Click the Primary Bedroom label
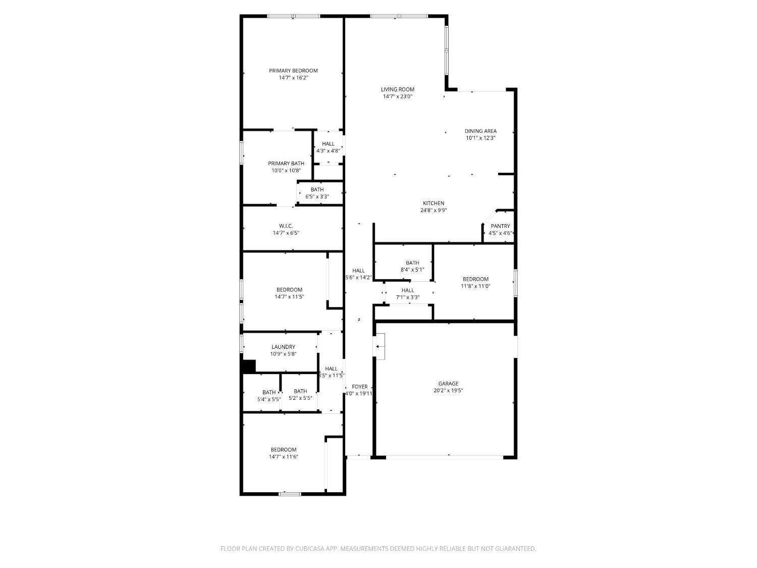click(x=293, y=71)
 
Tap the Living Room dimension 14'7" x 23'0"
click(x=398, y=96)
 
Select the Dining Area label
click(x=480, y=131)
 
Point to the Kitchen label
click(x=434, y=203)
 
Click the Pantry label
click(x=500, y=226)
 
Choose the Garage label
click(x=448, y=384)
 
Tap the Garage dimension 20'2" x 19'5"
click(x=448, y=390)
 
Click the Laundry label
click(x=283, y=347)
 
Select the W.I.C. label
click(x=286, y=226)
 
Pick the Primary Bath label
click(x=286, y=163)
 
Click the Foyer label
click(x=360, y=387)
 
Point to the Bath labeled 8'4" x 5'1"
click(x=412, y=263)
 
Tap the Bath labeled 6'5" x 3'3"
click(x=317, y=189)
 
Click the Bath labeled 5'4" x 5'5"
click(x=269, y=392)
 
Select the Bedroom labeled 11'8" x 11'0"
click(x=475, y=279)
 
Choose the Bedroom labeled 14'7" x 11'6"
click(x=283, y=450)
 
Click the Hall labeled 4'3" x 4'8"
click(x=328, y=144)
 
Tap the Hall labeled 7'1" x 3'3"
click(x=408, y=290)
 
